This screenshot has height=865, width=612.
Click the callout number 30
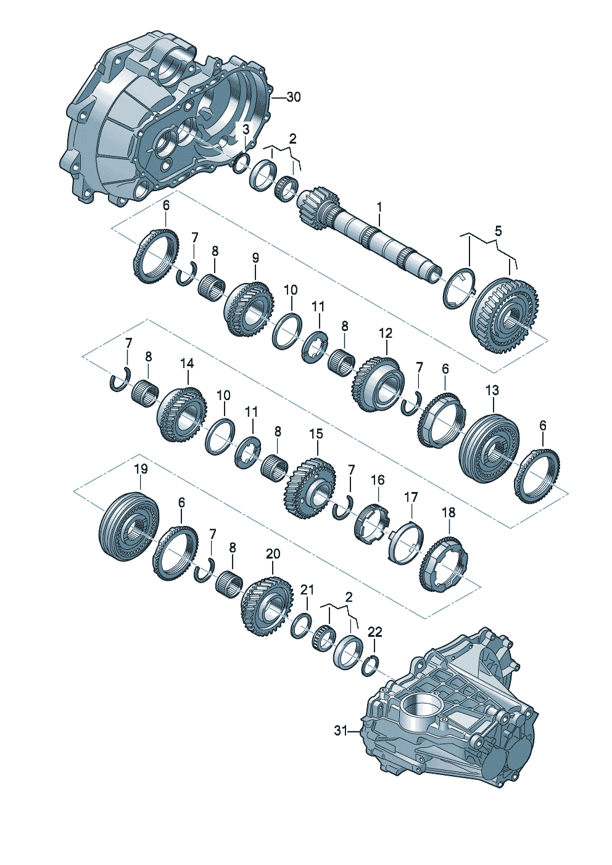(x=294, y=97)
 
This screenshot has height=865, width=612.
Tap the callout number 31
(x=340, y=731)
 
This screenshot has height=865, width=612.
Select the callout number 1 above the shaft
(x=379, y=207)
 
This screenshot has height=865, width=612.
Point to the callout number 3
(x=246, y=129)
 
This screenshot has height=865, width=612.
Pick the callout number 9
(x=256, y=258)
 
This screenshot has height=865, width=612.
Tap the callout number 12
(x=386, y=333)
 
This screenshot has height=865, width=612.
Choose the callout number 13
(x=492, y=390)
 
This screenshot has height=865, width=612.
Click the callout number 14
(x=187, y=363)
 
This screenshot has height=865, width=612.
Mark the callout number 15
(x=316, y=433)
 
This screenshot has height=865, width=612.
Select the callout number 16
(x=378, y=480)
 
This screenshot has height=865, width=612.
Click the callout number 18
(x=449, y=512)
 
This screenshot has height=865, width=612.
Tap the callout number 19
(x=141, y=469)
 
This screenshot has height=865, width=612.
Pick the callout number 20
(x=273, y=554)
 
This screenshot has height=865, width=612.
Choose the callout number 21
(x=308, y=589)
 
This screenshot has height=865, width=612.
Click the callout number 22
(x=374, y=632)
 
